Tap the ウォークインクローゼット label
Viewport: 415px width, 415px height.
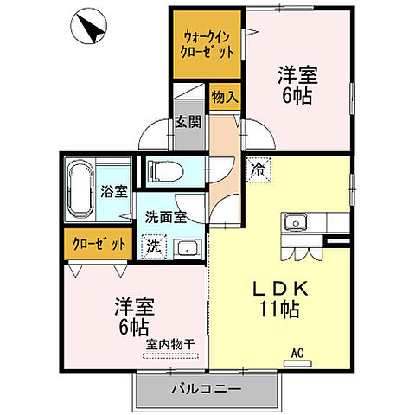tap(207, 44)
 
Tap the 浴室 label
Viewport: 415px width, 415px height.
tap(113, 192)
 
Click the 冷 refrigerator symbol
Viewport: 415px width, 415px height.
tap(258, 170)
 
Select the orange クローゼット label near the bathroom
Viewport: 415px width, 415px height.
tap(98, 244)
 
